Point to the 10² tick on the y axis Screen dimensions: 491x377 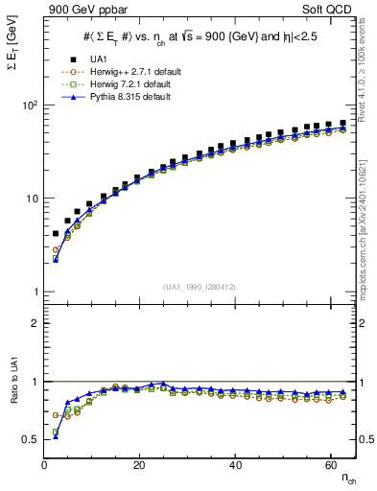pyautogui.click(x=29, y=105)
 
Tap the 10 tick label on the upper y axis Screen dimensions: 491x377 pyautogui.click(x=31, y=199)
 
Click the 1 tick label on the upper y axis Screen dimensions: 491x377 pyautogui.click(x=35, y=292)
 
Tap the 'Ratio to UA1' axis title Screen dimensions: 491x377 pyautogui.click(x=12, y=404)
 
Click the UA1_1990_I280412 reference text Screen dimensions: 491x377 pyautogui.click(x=199, y=287)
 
